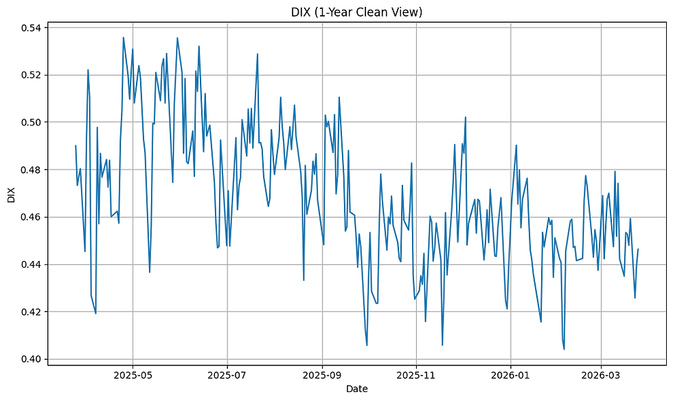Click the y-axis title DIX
click(10, 195)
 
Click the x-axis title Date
click(357, 389)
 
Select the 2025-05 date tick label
click(132, 376)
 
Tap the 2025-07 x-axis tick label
click(227, 376)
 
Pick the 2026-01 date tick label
click(511, 376)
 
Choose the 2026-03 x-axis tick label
click(602, 376)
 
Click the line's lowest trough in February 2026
click(564, 349)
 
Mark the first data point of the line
click(76, 146)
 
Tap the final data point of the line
click(638, 249)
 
